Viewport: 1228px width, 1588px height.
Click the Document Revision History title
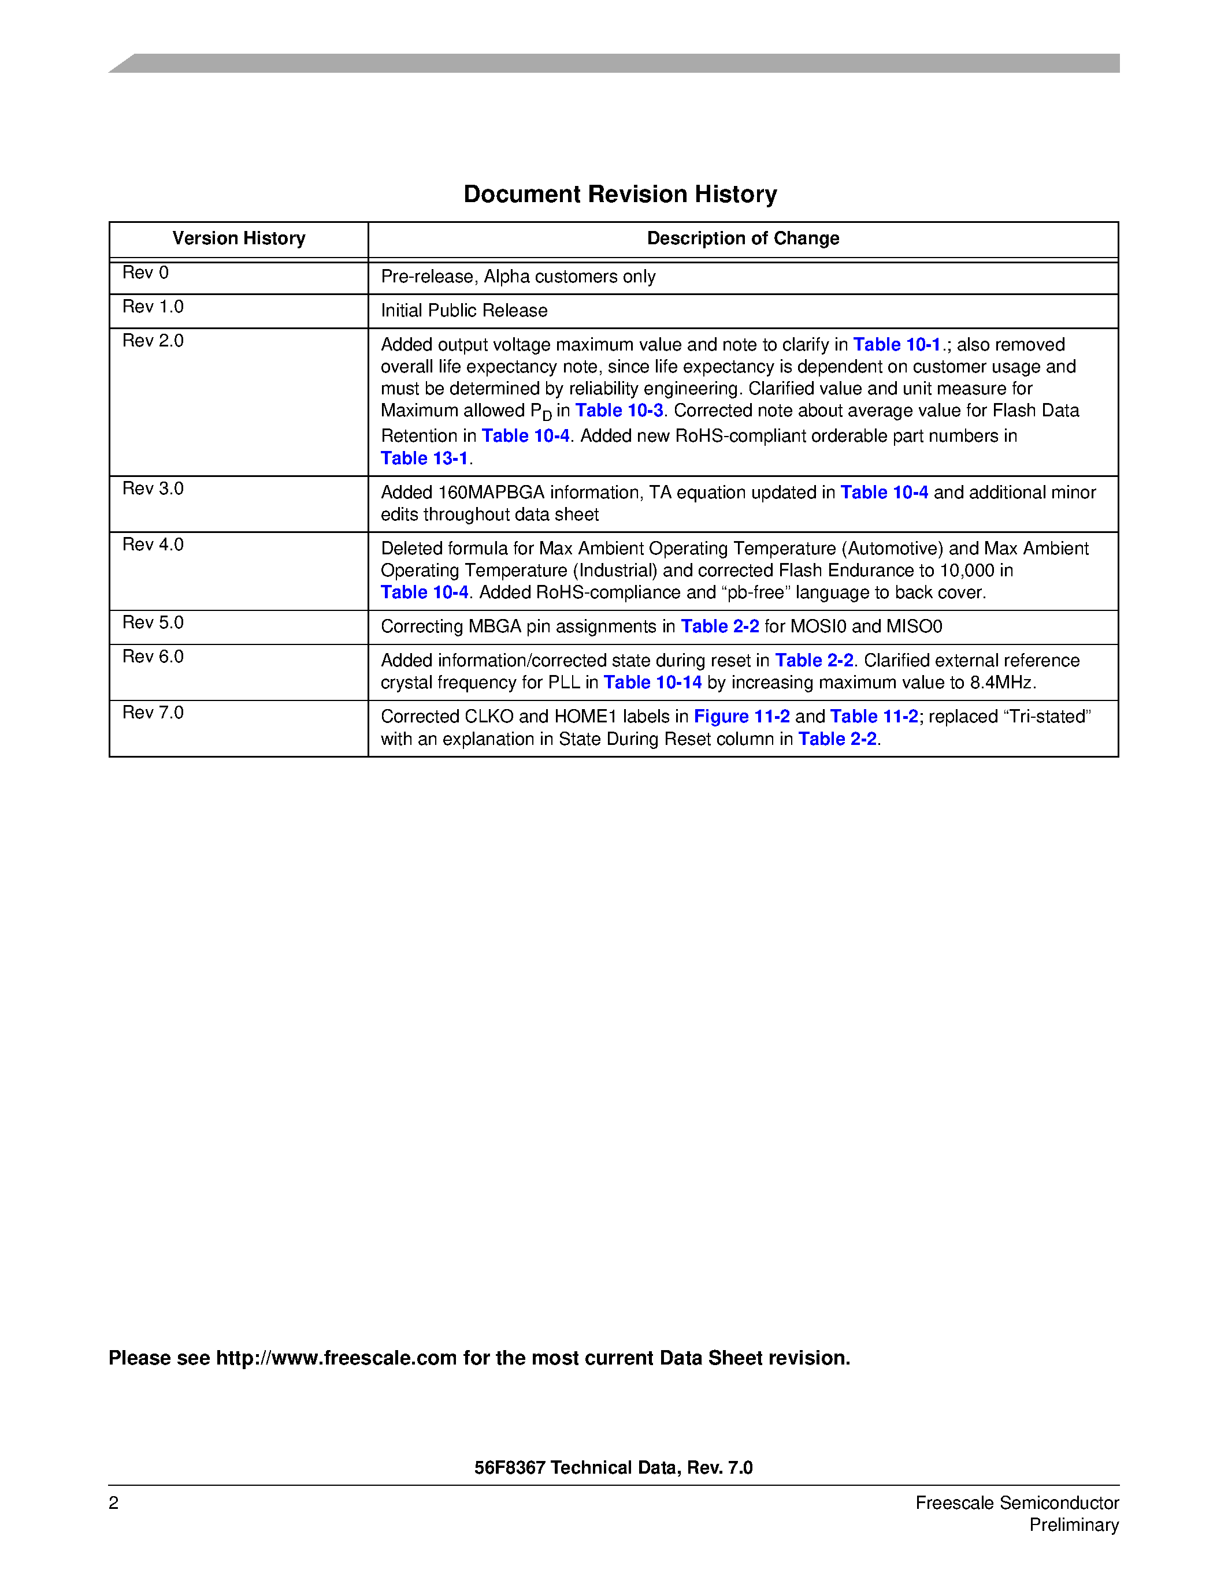click(620, 194)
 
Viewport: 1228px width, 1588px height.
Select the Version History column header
click(239, 238)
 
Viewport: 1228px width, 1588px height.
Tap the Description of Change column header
click(743, 238)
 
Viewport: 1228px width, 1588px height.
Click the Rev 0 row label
click(146, 273)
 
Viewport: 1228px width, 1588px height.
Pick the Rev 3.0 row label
click(153, 489)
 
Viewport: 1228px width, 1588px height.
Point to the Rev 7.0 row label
click(153, 713)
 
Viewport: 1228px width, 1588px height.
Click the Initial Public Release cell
click(464, 311)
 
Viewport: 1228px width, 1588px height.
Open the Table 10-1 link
click(896, 345)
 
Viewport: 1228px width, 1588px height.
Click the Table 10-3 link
click(619, 411)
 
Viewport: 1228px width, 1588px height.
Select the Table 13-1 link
click(424, 459)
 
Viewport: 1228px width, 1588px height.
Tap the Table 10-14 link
click(652, 683)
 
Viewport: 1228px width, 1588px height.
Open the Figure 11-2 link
click(741, 717)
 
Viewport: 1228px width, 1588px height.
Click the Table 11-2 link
click(874, 717)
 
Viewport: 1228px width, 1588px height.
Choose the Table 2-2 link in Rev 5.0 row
click(719, 627)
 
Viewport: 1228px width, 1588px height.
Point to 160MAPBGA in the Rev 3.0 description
click(491, 493)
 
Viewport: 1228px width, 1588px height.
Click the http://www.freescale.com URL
click(336, 1358)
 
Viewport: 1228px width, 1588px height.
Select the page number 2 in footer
click(113, 1503)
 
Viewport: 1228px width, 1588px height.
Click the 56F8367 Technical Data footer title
click(613, 1467)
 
